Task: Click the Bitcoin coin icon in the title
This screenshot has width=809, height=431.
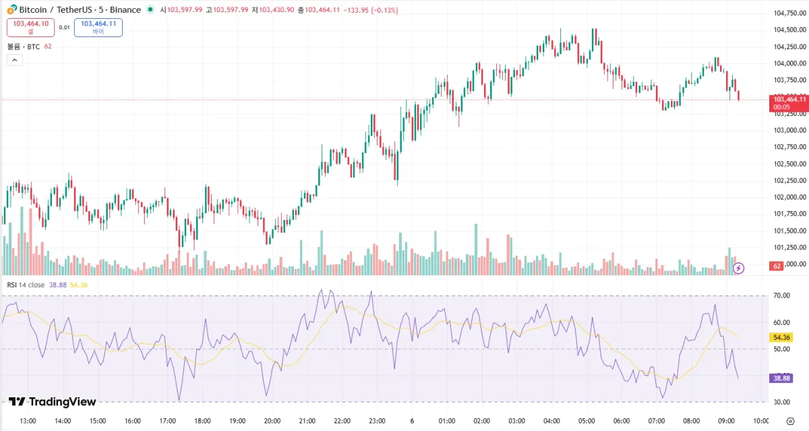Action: (11, 10)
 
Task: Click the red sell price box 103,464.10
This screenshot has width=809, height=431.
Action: (30, 27)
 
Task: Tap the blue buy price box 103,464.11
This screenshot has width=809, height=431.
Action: (98, 27)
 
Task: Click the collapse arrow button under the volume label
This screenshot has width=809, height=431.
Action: (15, 60)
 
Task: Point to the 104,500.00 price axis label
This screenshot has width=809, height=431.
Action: (789, 30)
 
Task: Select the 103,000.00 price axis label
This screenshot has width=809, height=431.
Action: (789, 130)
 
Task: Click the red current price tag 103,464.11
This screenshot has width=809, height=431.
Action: (789, 103)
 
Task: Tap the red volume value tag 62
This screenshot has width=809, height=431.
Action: (777, 266)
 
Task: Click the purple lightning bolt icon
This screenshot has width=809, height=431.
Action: (739, 268)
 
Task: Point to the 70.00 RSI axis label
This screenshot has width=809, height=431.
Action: (782, 295)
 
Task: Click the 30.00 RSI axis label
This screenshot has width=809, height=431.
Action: (782, 403)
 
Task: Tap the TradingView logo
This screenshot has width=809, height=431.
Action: (53, 402)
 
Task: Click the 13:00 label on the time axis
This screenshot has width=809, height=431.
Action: (28, 422)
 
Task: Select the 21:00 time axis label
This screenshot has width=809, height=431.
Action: (307, 422)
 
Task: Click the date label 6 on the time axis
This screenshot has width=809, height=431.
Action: (412, 422)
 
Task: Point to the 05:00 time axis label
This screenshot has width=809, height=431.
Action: (587, 422)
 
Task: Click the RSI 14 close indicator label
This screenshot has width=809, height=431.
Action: (26, 285)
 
